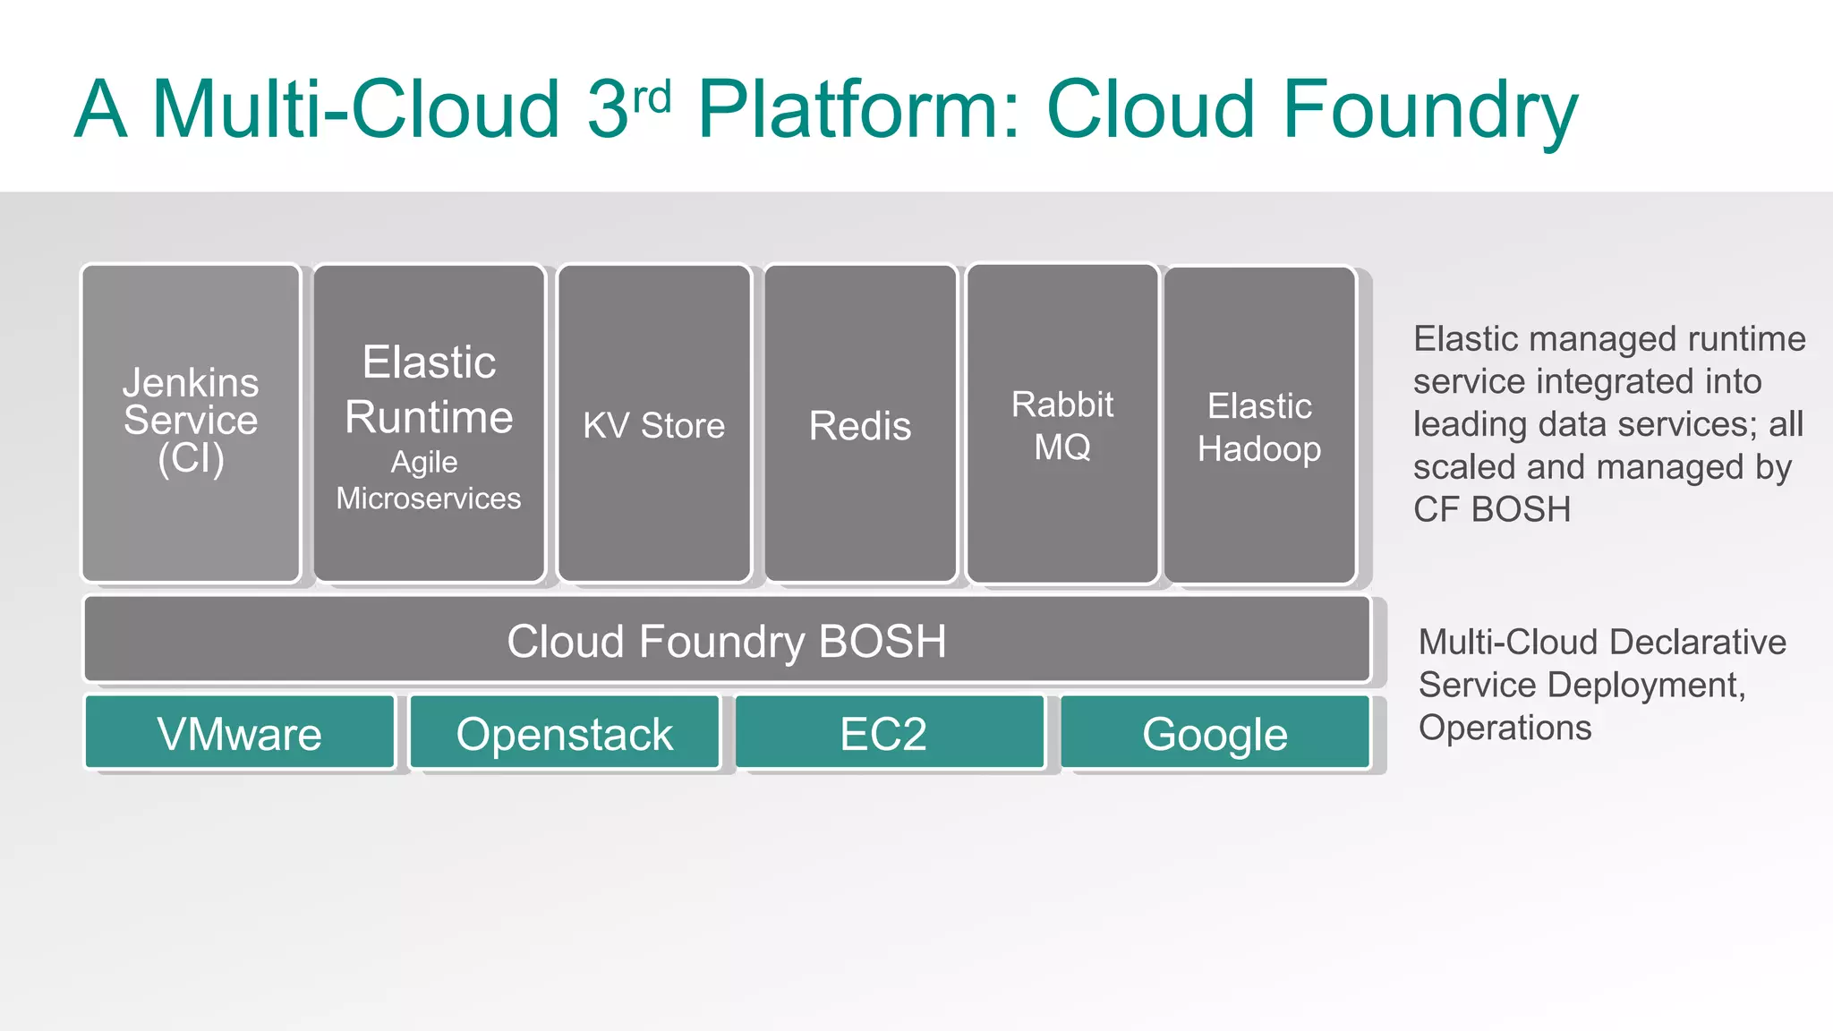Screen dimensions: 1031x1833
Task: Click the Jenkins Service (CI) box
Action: pyautogui.click(x=191, y=422)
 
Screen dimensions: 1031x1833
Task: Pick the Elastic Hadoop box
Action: pyautogui.click(x=1259, y=426)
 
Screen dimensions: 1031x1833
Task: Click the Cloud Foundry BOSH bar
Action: pyautogui.click(x=726, y=641)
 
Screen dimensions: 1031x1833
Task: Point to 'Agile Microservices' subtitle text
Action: pyautogui.click(x=428, y=481)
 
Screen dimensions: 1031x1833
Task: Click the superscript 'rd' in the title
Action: pyautogui.click(x=652, y=97)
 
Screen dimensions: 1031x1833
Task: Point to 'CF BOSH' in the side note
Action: pyautogui.click(x=1491, y=509)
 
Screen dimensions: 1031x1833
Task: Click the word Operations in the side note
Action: pyautogui.click(x=1505, y=728)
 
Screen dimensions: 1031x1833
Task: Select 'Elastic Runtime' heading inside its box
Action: pyautogui.click(x=429, y=389)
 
